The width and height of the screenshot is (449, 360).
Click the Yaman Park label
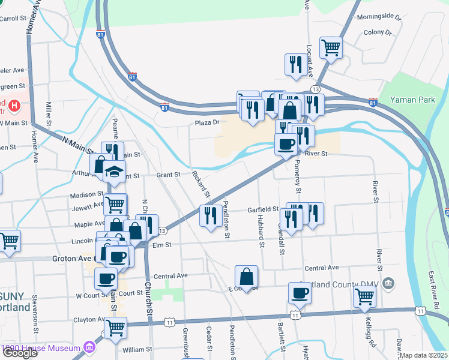pyautogui.click(x=412, y=100)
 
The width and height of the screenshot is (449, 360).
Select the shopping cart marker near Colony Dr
pyautogui.click(x=331, y=47)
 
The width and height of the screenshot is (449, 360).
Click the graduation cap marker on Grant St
pyautogui.click(x=113, y=172)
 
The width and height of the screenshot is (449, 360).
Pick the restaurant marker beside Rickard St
pyautogui.click(x=209, y=216)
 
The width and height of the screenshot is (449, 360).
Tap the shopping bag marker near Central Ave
pyautogui.click(x=246, y=277)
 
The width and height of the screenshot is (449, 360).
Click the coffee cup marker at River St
pyautogui.click(x=286, y=145)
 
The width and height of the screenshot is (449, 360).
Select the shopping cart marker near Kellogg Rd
pyautogui.click(x=364, y=297)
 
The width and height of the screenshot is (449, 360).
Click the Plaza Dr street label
pyautogui.click(x=207, y=123)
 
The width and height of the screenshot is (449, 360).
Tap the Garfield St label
pyautogui.click(x=263, y=210)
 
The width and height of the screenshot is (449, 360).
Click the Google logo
pyautogui.click(x=20, y=353)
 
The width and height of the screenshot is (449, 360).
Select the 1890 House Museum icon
pyautogui.click(x=89, y=347)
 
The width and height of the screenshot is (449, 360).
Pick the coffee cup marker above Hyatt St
pyautogui.click(x=300, y=293)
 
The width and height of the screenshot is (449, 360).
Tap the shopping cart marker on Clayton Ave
pyautogui.click(x=115, y=328)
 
